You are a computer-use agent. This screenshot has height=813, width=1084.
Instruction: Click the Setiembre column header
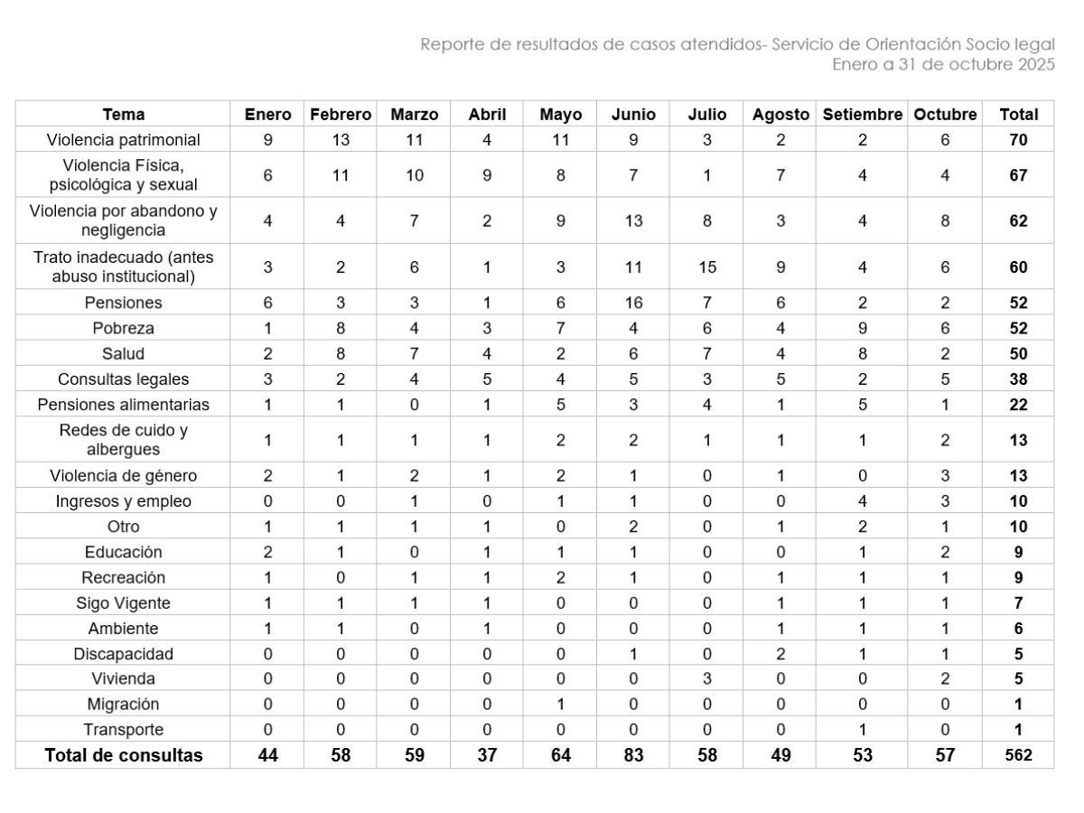(x=862, y=115)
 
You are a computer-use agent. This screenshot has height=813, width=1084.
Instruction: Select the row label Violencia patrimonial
(x=123, y=140)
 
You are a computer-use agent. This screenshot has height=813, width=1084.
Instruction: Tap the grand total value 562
(x=1018, y=755)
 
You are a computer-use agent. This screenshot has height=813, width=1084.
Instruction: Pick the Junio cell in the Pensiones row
(x=633, y=303)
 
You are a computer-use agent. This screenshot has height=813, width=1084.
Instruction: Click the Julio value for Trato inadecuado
(x=706, y=267)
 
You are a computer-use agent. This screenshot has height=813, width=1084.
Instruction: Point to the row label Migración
(x=123, y=705)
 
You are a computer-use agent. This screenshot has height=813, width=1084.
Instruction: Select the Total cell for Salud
(x=1018, y=353)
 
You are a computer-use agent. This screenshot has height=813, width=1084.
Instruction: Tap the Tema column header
(x=123, y=115)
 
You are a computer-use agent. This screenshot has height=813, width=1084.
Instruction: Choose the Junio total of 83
(x=633, y=755)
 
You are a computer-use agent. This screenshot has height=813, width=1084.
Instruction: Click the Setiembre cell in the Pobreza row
(x=862, y=328)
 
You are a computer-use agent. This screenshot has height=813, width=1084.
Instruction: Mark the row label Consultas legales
(x=123, y=379)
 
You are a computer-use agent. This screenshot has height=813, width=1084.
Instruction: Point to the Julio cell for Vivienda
(x=706, y=679)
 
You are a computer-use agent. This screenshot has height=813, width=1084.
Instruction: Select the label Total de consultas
(x=123, y=755)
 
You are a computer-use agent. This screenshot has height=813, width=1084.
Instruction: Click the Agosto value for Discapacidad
(x=780, y=654)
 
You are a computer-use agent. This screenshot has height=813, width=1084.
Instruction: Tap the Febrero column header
(x=341, y=115)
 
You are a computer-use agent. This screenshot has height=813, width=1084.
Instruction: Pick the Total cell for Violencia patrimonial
(x=1018, y=140)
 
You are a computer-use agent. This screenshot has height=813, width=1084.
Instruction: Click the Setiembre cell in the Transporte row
(x=862, y=730)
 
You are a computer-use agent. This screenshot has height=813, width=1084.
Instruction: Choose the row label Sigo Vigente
(x=123, y=603)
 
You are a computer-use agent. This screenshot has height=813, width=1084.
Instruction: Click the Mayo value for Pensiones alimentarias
(x=560, y=405)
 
